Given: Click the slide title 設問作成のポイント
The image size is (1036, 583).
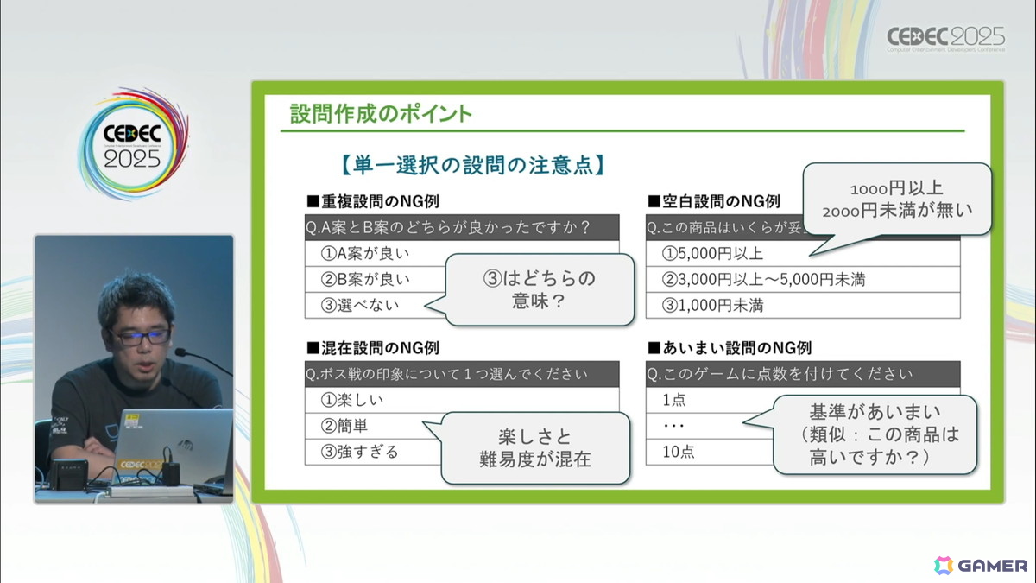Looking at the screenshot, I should (x=381, y=114).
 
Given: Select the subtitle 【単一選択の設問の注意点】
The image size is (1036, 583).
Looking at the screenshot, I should (x=467, y=163).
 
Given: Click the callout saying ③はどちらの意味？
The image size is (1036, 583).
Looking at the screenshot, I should (x=539, y=290).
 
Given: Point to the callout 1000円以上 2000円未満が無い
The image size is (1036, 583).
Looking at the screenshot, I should (x=898, y=200).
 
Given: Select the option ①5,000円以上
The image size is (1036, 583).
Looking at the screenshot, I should (x=712, y=254).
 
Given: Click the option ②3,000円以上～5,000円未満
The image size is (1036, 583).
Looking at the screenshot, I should (x=763, y=279).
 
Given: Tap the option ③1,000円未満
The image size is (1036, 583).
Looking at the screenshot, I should (x=712, y=305).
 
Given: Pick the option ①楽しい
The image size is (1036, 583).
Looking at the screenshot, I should (x=351, y=400).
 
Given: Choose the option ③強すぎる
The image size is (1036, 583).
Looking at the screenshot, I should (x=360, y=451).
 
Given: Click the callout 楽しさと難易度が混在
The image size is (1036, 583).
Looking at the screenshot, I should (x=534, y=447).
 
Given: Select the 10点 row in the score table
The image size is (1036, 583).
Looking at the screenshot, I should (x=679, y=451).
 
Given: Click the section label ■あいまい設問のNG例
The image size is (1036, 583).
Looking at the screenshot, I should (x=731, y=348).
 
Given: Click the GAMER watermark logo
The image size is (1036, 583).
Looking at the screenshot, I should (x=981, y=565).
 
